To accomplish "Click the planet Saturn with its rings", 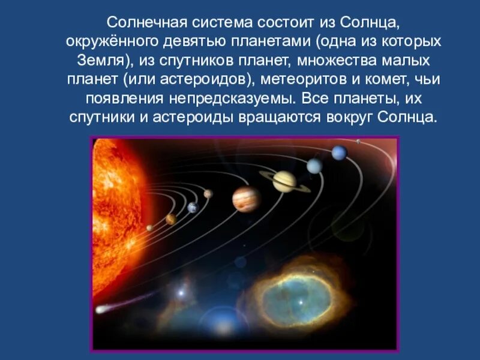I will click(x=285, y=181).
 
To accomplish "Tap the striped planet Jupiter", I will click(x=247, y=199).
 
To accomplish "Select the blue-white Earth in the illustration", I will click(x=193, y=208).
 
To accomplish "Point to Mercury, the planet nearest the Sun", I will click(x=149, y=228).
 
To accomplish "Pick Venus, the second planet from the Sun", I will click(x=171, y=219).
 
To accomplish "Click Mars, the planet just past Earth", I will click(x=208, y=194).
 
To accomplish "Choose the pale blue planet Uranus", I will click(x=315, y=166).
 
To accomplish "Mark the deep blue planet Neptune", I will click(x=340, y=153).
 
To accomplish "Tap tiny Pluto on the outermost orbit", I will click(x=359, y=142).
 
